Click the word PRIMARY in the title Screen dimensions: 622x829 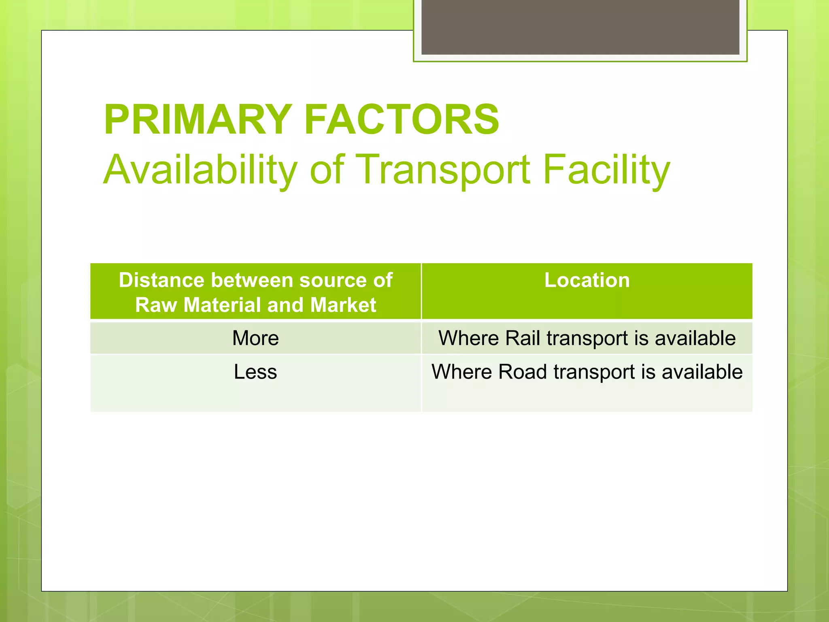point(198,120)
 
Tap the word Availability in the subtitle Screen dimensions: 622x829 point(200,170)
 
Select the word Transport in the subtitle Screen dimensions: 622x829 point(443,170)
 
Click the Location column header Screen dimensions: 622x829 point(587,280)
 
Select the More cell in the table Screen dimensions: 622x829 point(255,338)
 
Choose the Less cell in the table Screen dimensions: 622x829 point(255,372)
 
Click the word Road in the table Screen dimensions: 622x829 point(522,372)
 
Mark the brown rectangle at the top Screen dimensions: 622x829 point(580,27)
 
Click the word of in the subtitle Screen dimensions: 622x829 point(327,170)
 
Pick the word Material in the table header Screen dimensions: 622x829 point(223,305)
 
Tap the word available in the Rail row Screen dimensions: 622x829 point(695,338)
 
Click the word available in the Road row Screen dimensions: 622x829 point(702,372)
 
